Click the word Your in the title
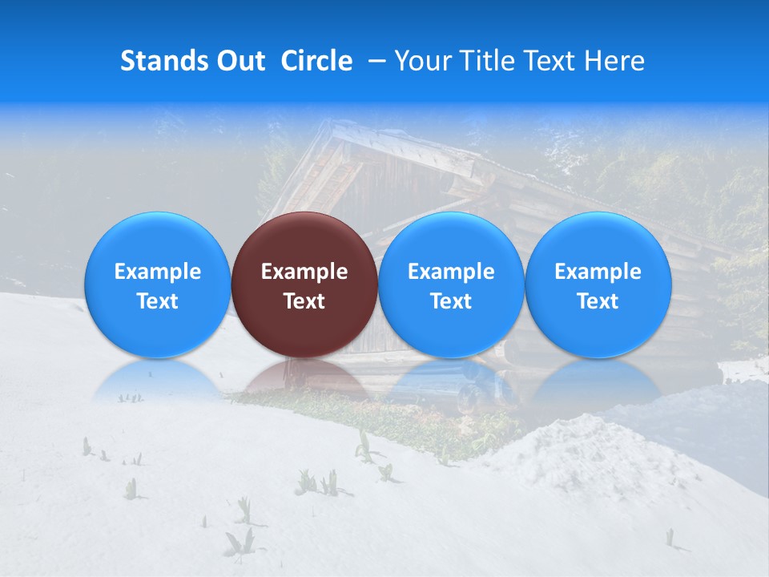coord(420,61)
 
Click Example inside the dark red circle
coord(304,272)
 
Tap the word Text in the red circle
coord(304,301)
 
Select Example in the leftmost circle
coord(158,272)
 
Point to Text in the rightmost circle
coord(598,301)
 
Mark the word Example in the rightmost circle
coord(598,272)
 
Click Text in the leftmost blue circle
coord(158,301)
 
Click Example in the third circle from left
coord(451,272)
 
